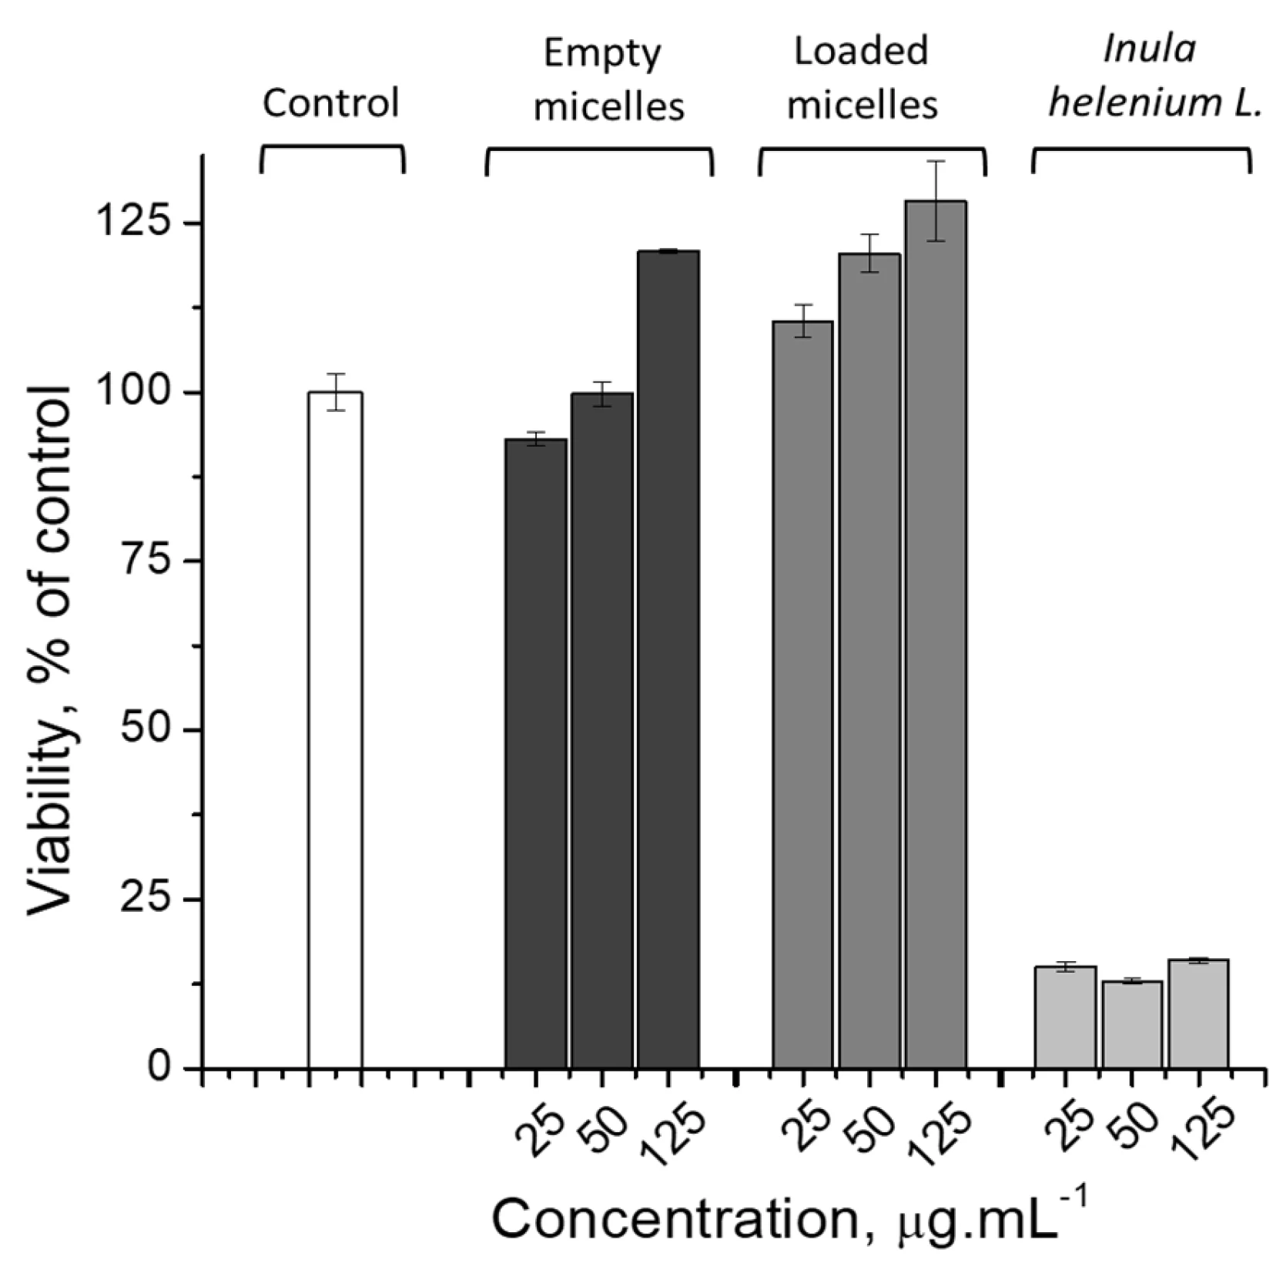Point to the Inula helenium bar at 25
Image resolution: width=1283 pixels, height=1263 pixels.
1065,1017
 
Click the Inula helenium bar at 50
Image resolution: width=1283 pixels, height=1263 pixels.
1131,1024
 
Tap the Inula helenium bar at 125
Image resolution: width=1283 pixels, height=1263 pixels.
1198,1013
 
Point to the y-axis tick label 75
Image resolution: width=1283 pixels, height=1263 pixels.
149,561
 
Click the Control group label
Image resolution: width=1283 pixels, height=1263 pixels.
331,103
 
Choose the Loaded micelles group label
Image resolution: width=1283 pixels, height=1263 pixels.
862,79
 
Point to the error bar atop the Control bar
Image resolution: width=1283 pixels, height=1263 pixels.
335,392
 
